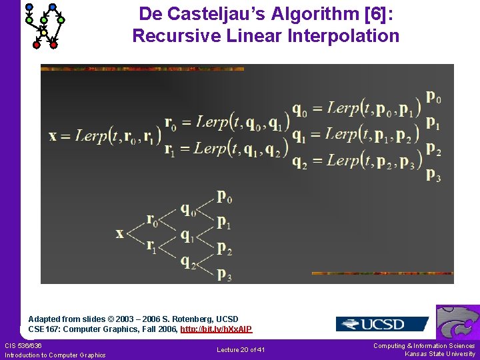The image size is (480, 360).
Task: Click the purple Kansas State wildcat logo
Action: pyautogui.click(x=457, y=323)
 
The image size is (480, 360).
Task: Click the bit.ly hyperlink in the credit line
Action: pyautogui.click(x=216, y=329)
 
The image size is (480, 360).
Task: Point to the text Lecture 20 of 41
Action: pyautogui.click(x=241, y=350)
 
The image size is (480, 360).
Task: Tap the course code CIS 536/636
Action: pyautogui.click(x=23, y=345)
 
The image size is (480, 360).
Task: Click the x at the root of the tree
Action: pyautogui.click(x=120, y=233)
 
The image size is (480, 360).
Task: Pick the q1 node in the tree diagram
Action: pyautogui.click(x=189, y=235)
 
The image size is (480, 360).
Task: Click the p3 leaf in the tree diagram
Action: pyautogui.click(x=225, y=273)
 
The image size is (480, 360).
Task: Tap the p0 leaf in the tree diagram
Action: pyautogui.click(x=225, y=197)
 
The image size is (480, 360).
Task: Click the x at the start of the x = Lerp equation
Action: pyautogui.click(x=53, y=136)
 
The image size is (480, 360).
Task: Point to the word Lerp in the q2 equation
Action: pyautogui.click(x=343, y=160)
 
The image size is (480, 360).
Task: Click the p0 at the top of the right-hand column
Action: pyautogui.click(x=433, y=97)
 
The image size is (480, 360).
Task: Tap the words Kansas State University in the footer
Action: pyautogui.click(x=440, y=354)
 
